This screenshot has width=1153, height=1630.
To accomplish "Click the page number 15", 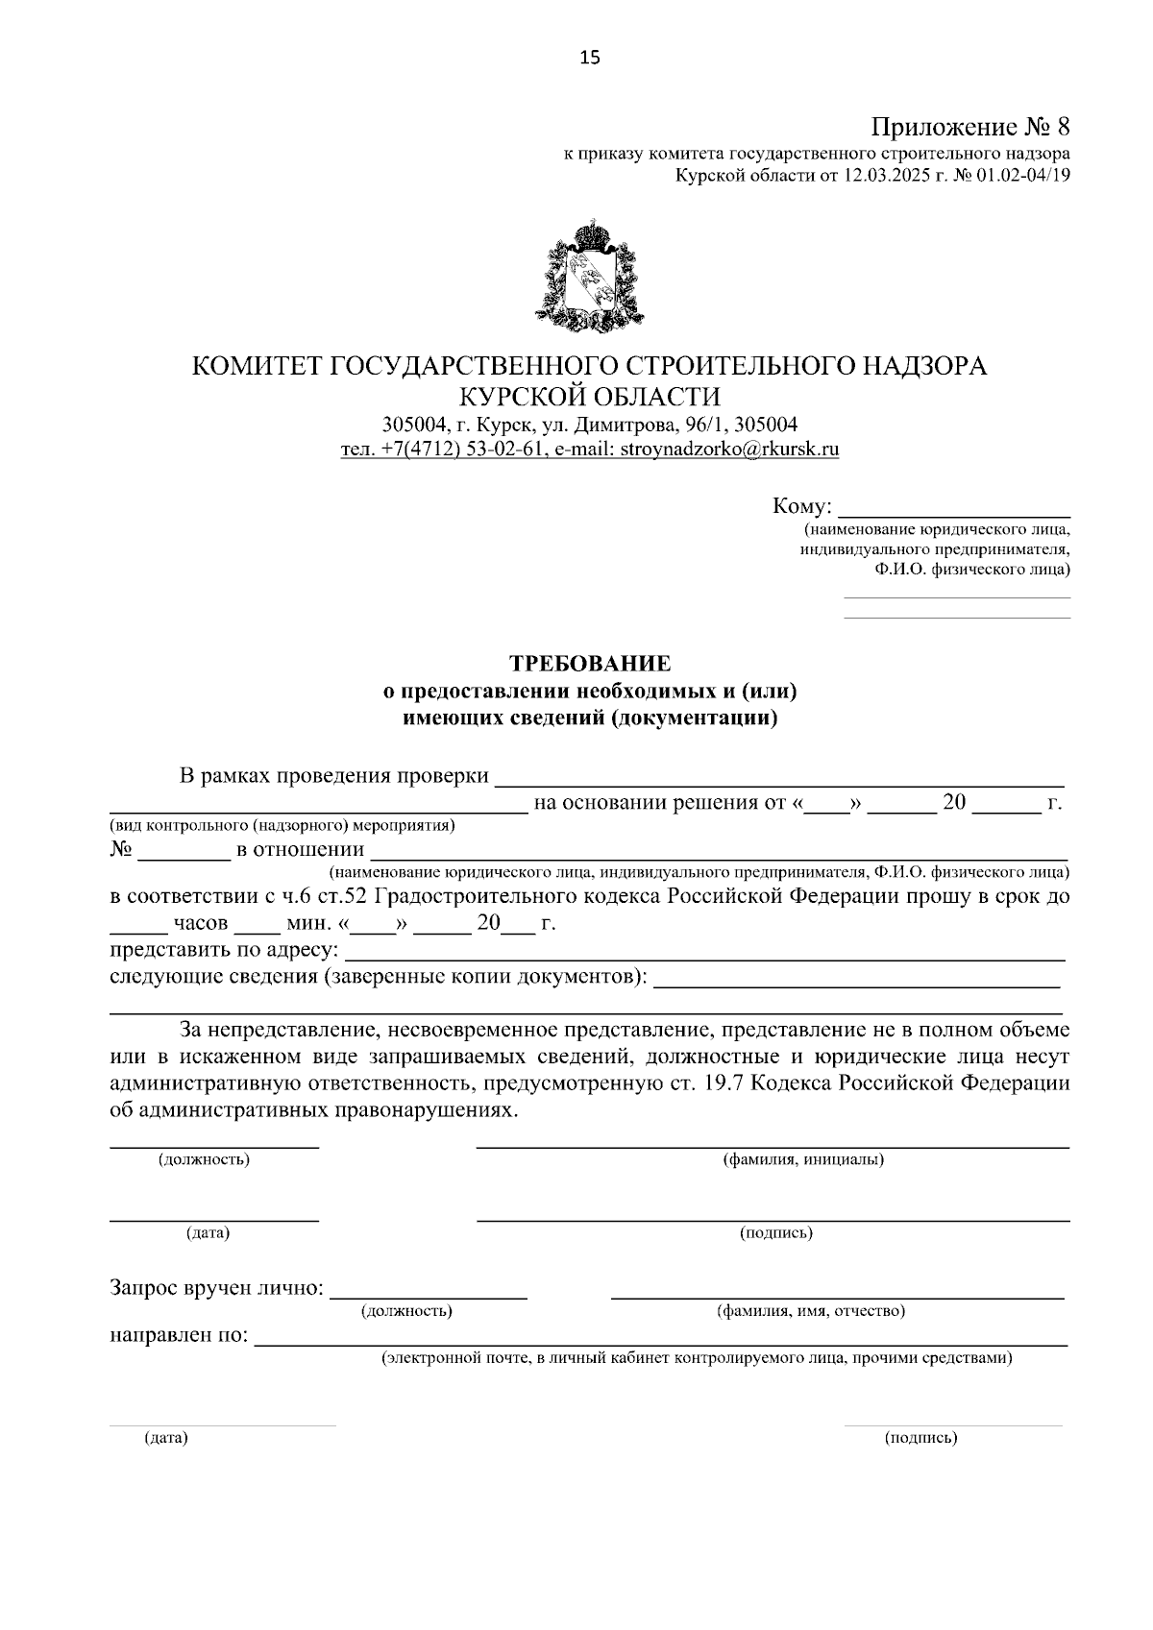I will coord(589,59).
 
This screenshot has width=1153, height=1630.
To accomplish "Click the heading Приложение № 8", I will coord(970,127).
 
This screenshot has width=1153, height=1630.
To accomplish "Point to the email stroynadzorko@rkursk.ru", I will coord(729,449).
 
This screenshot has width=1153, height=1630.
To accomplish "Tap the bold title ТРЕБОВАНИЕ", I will coord(589,664).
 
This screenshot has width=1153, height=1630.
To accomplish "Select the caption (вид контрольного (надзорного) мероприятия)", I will coord(282,825).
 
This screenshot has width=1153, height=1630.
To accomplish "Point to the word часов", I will coord(201,924).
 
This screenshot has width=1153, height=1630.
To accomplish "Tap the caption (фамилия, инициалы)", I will coord(803,1159).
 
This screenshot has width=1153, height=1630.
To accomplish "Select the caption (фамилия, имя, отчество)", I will coord(811,1311).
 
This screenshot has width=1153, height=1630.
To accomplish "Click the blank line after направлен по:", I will coord(660,1339).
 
